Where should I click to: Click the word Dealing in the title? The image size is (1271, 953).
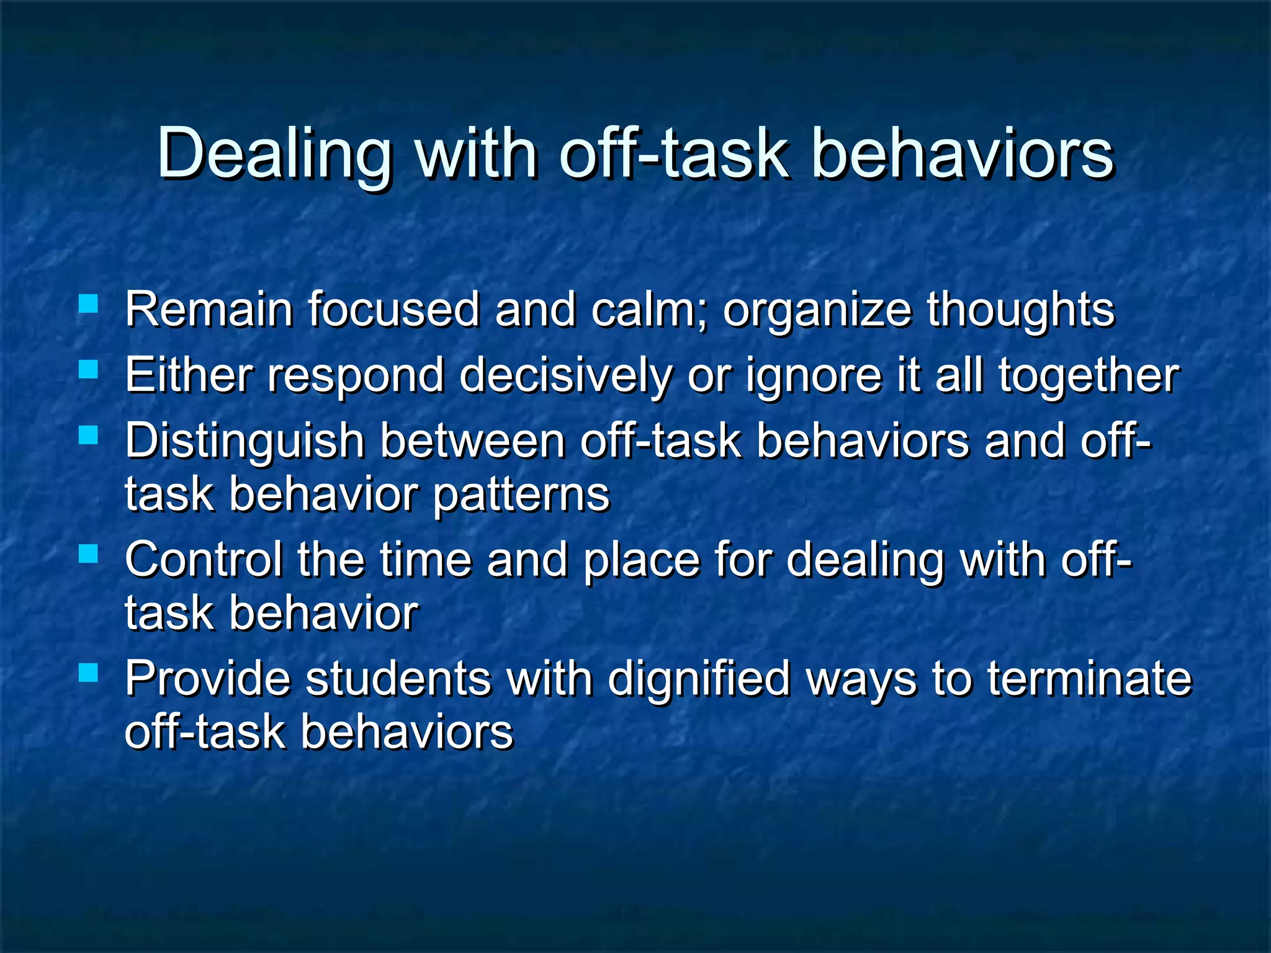[274, 154]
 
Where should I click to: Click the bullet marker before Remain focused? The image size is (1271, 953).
[89, 304]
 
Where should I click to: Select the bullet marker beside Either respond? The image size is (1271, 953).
[89, 370]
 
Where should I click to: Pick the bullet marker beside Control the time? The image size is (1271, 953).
[89, 553]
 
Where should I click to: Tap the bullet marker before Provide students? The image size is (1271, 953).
[89, 673]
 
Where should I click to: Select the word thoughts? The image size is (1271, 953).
[1021, 310]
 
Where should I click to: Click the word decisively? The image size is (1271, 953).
[565, 376]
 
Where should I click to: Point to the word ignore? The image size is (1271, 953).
[814, 376]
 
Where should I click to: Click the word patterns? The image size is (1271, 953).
[521, 496]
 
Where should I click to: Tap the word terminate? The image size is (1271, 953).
[1090, 679]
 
